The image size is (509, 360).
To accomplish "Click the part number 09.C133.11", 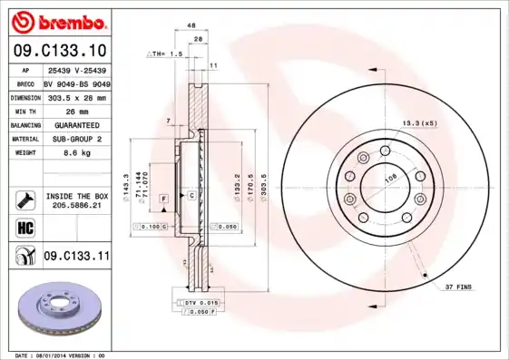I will coord(76,258).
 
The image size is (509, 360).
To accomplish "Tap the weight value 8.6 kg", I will coord(75,153).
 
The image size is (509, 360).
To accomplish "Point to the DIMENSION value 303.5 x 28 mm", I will coord(76,97).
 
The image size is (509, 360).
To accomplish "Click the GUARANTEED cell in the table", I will coord(76,125).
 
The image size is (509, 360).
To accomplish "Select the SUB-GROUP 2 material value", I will coord(76,139).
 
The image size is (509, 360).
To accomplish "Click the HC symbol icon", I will coord(24,227).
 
